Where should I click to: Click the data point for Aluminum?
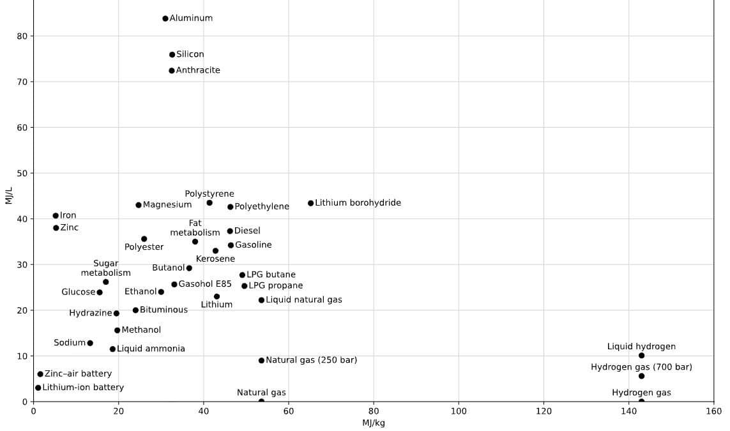click(x=165, y=19)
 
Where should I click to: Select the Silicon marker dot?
click(x=172, y=54)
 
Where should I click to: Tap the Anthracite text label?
click(x=198, y=70)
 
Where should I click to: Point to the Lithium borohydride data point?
click(x=310, y=203)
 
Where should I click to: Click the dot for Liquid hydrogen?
click(x=641, y=356)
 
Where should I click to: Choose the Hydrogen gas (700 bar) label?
click(x=641, y=367)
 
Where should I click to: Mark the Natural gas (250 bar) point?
click(x=262, y=360)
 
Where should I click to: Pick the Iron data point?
click(x=56, y=216)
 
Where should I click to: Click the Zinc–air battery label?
click(x=78, y=374)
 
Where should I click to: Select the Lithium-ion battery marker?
click(x=38, y=388)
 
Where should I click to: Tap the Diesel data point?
click(x=230, y=231)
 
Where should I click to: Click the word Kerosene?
click(x=216, y=259)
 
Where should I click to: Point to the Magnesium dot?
click(x=138, y=205)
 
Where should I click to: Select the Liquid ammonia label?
click(x=151, y=349)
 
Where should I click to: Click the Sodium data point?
click(x=90, y=343)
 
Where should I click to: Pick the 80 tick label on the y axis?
click(x=22, y=36)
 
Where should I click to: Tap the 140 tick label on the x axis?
click(x=629, y=411)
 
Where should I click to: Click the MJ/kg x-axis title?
click(x=374, y=423)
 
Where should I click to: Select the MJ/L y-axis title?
click(x=9, y=195)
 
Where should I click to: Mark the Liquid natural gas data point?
click(x=262, y=300)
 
